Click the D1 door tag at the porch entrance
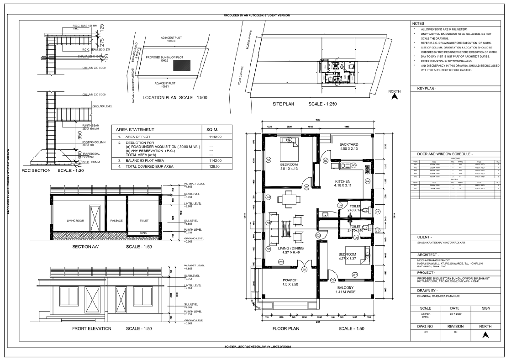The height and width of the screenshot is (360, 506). coord(304,269)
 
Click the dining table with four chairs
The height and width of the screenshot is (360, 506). coord(287,200)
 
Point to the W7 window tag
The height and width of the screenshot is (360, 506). coord(355,275)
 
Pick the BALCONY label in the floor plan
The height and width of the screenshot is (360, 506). coord(345,288)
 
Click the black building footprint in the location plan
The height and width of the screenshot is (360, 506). coord(182,66)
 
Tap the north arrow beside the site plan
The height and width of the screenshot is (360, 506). coord(396,96)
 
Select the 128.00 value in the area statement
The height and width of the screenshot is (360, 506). coord(215,167)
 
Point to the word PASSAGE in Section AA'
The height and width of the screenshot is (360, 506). coord(116,220)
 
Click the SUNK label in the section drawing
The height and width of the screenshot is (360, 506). coord(143,233)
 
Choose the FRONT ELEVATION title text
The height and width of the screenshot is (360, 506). coord(92,328)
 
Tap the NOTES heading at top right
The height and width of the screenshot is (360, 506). coord(418,23)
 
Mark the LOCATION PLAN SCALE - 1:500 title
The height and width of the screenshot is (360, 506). coord(175,98)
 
